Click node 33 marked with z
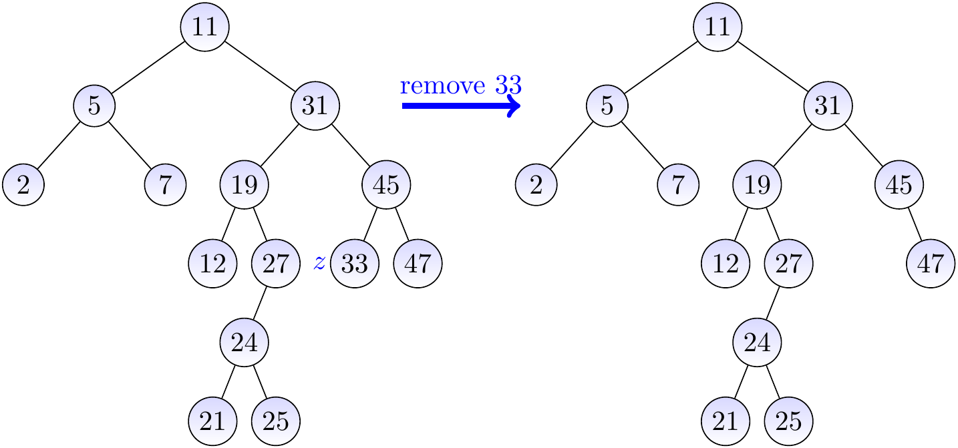tap(355, 264)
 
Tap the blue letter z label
tap(319, 263)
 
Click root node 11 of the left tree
tap(205, 27)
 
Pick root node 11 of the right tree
tap(717, 27)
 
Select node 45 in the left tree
tap(386, 185)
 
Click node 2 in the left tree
tap(23, 185)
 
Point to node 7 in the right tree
tap(678, 185)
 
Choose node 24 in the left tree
tap(245, 343)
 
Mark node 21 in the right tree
tap(726, 421)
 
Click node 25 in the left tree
tap(276, 421)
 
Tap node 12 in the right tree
tap(726, 264)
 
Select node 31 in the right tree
tap(828, 106)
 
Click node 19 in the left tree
tap(245, 185)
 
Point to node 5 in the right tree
tap(607, 106)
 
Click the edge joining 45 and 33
tap(371, 224)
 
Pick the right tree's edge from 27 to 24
tap(773, 303)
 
